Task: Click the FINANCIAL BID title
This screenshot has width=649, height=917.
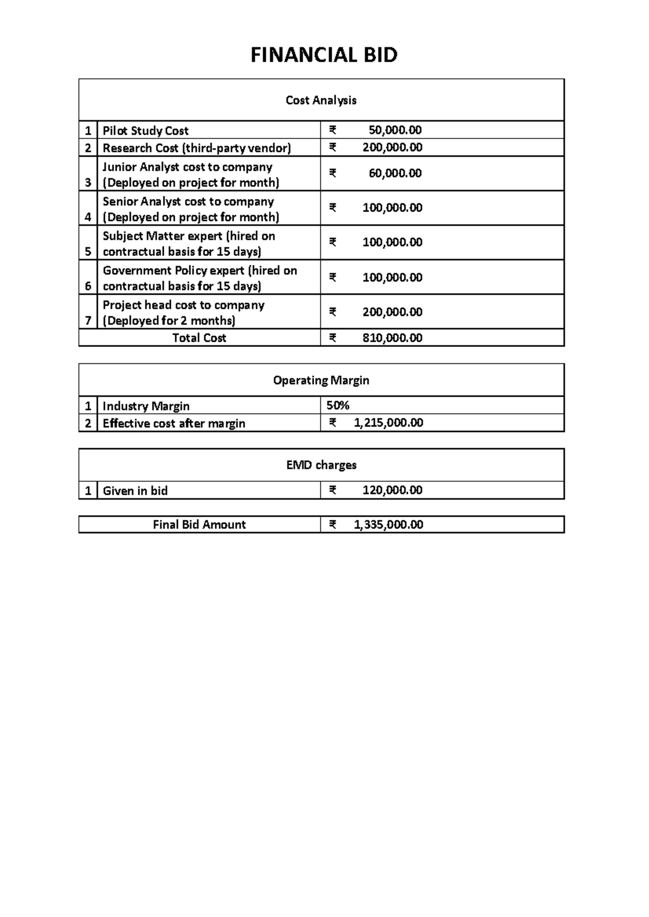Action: click(323, 55)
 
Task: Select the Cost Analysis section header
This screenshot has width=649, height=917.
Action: click(321, 101)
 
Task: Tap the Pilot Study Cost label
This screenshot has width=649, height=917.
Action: click(145, 131)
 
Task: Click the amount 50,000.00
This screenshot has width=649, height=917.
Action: click(395, 130)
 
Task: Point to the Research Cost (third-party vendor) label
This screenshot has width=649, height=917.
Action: click(197, 148)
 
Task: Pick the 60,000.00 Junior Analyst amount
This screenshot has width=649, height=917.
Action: click(395, 174)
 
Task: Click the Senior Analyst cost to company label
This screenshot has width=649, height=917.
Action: click(188, 202)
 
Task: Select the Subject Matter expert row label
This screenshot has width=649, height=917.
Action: click(189, 236)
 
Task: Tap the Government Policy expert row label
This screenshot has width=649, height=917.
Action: click(200, 271)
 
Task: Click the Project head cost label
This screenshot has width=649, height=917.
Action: click(183, 305)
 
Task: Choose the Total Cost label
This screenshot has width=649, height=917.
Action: click(199, 338)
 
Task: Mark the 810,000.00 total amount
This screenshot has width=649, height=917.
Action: click(392, 338)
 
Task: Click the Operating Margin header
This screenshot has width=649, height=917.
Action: click(321, 381)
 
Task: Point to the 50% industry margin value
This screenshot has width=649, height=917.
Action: click(338, 406)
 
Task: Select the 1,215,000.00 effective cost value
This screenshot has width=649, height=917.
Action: click(388, 423)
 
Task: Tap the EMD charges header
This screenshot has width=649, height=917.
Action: click(321, 465)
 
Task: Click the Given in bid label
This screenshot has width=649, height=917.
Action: click(135, 491)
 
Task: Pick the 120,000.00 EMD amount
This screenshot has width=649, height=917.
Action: click(392, 490)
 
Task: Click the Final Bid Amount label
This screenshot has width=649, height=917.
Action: click(199, 525)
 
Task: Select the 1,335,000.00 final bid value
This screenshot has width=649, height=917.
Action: click(388, 525)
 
